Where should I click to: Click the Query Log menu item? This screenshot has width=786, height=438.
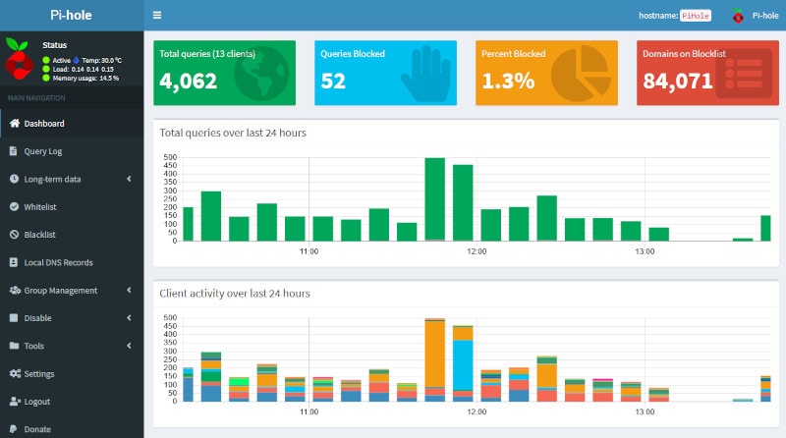coord(42,151)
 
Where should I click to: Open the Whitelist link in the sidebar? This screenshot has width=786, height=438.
coord(39,207)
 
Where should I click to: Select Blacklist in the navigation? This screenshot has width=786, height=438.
coord(39,235)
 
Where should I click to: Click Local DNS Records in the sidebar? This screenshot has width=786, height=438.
coord(58,262)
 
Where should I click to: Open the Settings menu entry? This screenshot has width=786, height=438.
coord(39,374)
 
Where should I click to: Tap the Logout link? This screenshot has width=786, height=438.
coord(37,402)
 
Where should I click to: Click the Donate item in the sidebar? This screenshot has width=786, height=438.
coord(37,429)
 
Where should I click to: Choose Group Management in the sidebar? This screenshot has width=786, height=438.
coord(60,291)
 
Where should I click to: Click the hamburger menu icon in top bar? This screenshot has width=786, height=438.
coord(157,16)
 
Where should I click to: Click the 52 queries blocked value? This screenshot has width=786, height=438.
coord(333,82)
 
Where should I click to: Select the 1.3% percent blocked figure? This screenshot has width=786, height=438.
coord(508,82)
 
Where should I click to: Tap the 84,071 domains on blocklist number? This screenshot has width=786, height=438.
coord(678,82)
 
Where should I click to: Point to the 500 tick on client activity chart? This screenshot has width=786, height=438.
coord(170,318)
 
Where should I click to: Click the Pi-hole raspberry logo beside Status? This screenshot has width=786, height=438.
coord(18,58)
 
